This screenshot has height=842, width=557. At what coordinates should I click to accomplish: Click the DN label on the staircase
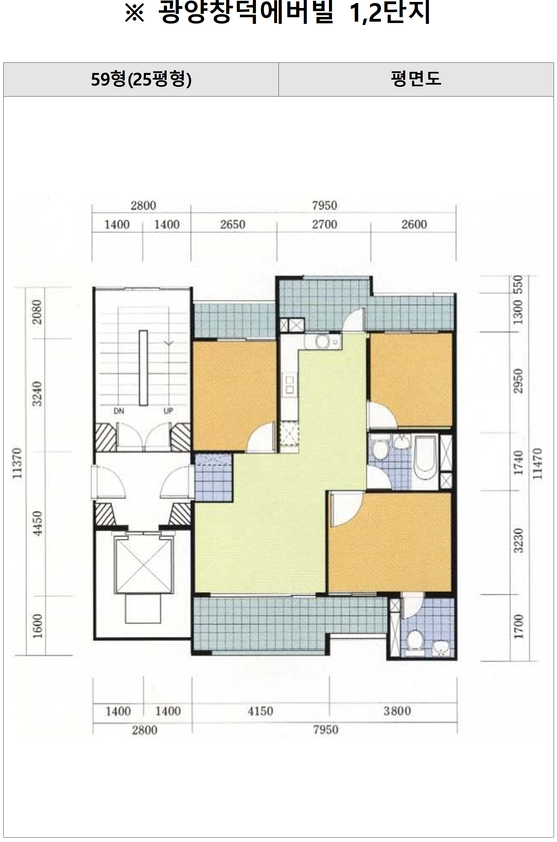119,411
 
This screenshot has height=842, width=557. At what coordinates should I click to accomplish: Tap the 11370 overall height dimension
17,463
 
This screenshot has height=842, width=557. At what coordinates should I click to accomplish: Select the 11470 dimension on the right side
538,464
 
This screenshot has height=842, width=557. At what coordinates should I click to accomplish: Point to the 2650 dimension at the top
233,224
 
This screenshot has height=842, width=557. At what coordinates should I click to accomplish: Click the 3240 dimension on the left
37,394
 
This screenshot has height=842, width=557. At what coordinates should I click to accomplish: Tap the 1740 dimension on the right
519,462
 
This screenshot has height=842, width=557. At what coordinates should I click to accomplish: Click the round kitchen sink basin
323,342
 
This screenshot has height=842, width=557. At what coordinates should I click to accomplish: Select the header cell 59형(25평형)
141,79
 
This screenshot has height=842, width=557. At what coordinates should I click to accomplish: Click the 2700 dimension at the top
325,224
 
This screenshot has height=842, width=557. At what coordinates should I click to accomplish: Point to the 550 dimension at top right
519,284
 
